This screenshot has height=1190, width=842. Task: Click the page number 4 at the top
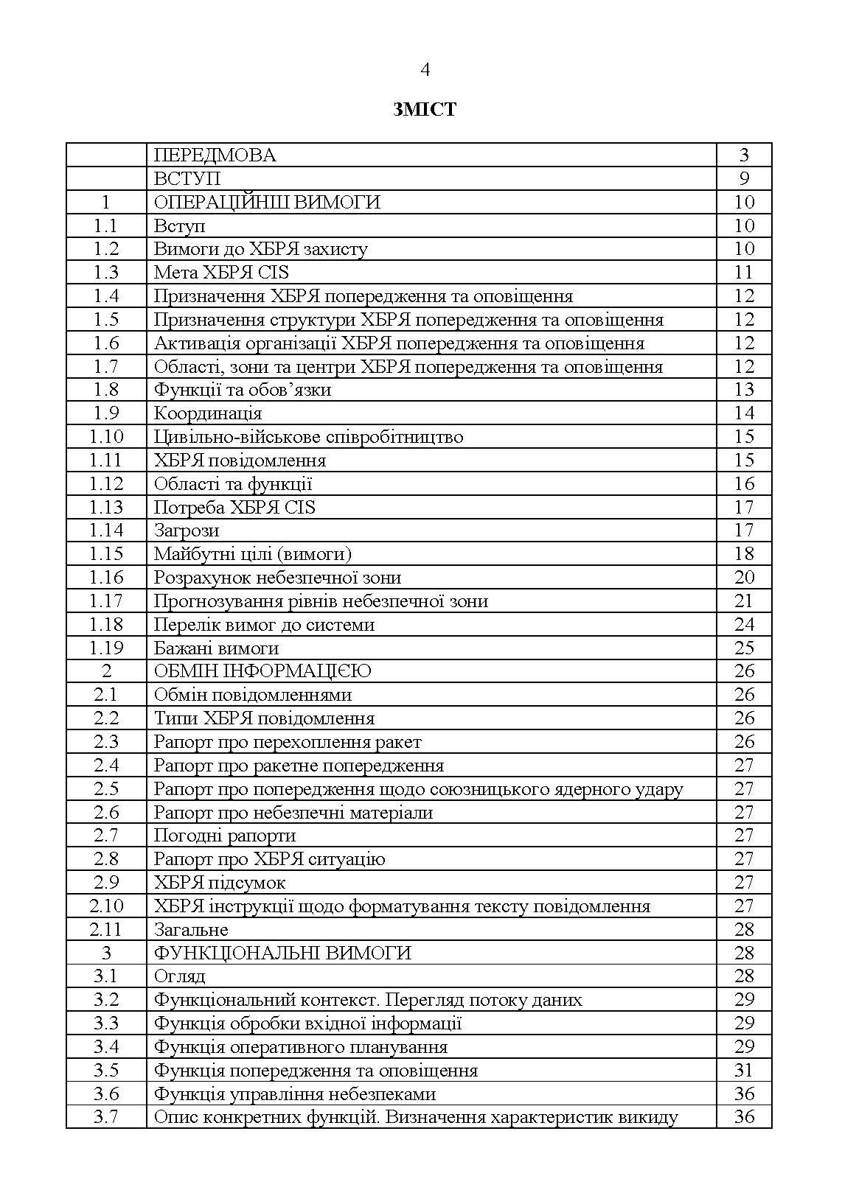click(x=425, y=70)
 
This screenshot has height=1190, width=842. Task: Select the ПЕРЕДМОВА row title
click(x=215, y=155)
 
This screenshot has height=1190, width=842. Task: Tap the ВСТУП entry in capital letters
click(x=187, y=178)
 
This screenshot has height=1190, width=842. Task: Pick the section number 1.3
click(x=106, y=273)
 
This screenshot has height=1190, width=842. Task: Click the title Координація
click(x=208, y=413)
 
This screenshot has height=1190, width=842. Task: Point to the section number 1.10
click(x=106, y=437)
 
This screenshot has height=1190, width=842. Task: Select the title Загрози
click(x=186, y=531)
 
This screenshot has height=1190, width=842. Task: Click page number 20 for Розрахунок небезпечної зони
click(x=744, y=578)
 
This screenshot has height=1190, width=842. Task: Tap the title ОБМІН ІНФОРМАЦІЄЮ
click(x=262, y=671)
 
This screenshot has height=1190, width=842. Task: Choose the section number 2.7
click(x=106, y=836)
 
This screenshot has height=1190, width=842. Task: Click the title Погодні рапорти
click(x=225, y=836)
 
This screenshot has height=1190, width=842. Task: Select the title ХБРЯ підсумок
click(x=219, y=883)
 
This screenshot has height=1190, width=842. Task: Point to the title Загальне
click(x=191, y=930)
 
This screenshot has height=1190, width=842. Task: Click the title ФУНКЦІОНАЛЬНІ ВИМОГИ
click(x=282, y=953)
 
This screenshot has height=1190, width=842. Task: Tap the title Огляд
click(x=179, y=976)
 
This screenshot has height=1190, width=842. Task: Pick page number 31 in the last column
click(x=744, y=1071)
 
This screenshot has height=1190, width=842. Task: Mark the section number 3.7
click(x=106, y=1117)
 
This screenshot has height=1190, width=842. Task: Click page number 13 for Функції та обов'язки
click(x=744, y=390)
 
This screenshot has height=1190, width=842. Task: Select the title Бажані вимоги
click(x=216, y=648)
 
